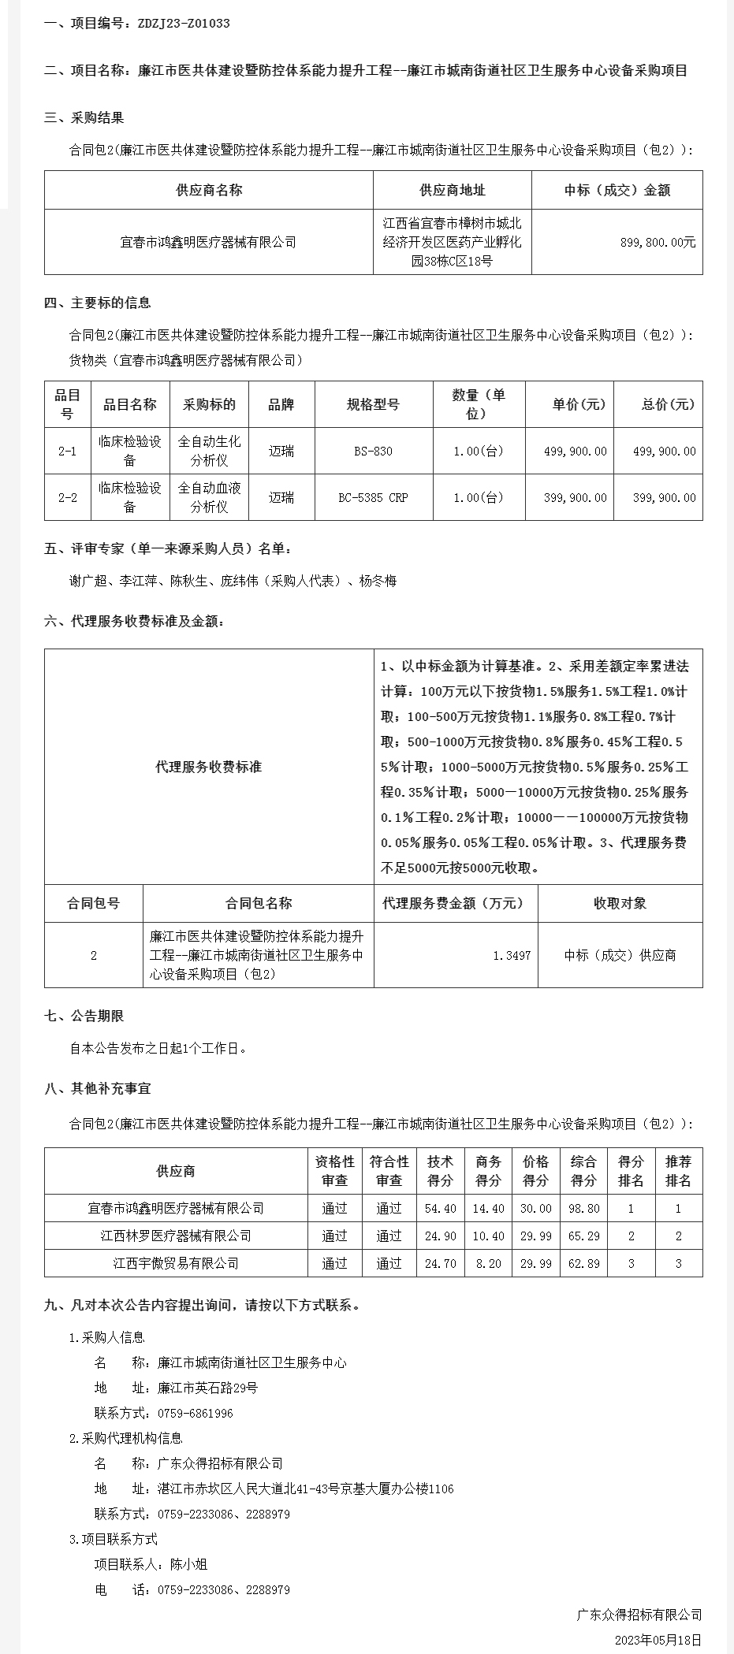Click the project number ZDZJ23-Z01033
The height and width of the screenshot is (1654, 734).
pyautogui.click(x=184, y=24)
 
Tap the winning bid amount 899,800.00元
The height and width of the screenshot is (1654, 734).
pyautogui.click(x=658, y=243)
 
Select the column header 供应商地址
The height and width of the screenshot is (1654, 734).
pyautogui.click(x=452, y=190)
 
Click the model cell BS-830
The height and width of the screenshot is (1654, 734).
pyautogui.click(x=373, y=452)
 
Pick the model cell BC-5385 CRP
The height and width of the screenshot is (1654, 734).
pyautogui.click(x=373, y=498)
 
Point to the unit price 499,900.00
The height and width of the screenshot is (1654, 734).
pyautogui.click(x=575, y=452)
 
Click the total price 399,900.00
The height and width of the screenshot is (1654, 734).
pyautogui.click(x=664, y=498)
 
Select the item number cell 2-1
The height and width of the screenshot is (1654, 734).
pyautogui.click(x=68, y=452)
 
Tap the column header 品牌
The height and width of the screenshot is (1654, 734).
pyautogui.click(x=281, y=405)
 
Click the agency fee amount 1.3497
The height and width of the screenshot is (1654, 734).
pyautogui.click(x=512, y=955)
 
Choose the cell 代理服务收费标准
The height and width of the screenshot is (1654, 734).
pyautogui.click(x=208, y=767)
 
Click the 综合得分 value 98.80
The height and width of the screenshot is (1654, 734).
pyautogui.click(x=583, y=1208)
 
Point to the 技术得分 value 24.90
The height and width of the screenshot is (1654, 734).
pyautogui.click(x=440, y=1236)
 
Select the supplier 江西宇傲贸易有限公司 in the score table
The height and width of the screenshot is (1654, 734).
pyautogui.click(x=175, y=1263)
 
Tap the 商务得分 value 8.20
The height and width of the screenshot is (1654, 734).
pyautogui.click(x=488, y=1263)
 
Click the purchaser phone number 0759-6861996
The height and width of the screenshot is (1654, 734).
pyautogui.click(x=196, y=1414)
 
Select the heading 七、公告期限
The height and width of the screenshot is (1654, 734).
pyautogui.click(x=84, y=1017)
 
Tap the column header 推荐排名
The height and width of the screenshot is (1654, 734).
pyautogui.click(x=678, y=1171)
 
